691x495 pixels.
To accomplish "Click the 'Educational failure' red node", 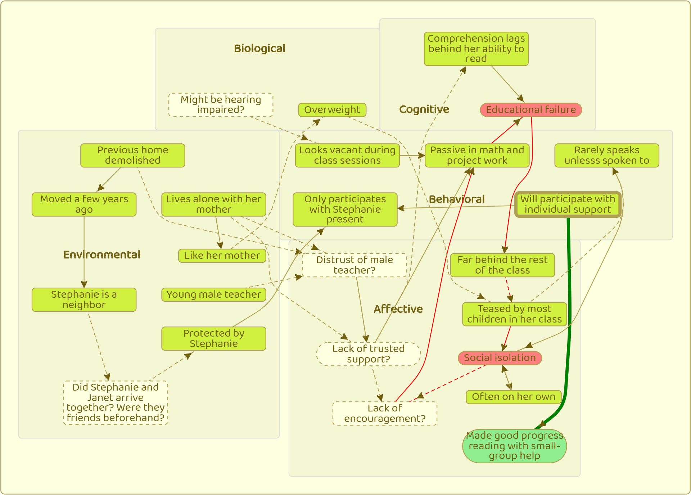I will tap(531, 110).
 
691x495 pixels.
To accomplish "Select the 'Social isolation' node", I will tap(500, 358).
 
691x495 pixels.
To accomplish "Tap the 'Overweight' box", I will tap(332, 110).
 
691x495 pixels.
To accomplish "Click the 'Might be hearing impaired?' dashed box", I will tap(221, 105).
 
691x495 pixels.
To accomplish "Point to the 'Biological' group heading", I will tap(259, 49).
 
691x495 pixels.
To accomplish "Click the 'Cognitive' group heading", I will tap(424, 109).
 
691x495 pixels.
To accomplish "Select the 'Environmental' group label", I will tap(102, 255).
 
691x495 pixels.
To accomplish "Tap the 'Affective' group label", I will tap(398, 309).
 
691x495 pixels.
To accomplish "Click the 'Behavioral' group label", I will tap(457, 199).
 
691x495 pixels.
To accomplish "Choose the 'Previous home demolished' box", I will tap(132, 156).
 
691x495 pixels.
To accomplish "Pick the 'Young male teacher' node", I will tap(213, 294).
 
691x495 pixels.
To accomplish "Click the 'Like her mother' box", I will tap(222, 256).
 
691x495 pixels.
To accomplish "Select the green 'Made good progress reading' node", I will tap(514, 446).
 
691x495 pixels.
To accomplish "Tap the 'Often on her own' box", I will tap(514, 397).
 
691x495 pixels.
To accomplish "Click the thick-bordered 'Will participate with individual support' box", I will tap(568, 204).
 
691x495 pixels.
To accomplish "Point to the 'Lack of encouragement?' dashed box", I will tap(384, 413).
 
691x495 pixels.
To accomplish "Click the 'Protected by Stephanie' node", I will tap(213, 338).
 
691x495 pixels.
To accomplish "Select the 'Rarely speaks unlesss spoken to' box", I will tap(606, 156).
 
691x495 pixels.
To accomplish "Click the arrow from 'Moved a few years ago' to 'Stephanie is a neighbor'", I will tap(84, 252).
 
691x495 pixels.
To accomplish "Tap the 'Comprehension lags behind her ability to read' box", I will tap(476, 49).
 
